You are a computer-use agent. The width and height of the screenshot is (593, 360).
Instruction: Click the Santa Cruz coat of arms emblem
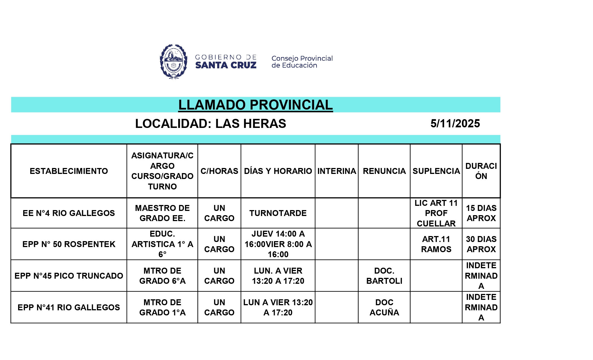click(x=173, y=62)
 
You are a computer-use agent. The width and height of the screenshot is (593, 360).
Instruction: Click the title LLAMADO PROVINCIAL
click(x=256, y=105)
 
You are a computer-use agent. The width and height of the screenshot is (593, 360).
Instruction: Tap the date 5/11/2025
click(x=455, y=124)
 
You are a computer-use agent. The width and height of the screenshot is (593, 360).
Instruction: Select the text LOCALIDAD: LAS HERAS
click(x=211, y=124)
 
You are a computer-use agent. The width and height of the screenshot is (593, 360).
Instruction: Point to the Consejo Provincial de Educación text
click(x=302, y=62)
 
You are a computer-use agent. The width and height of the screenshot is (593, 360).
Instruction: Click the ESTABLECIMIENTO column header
click(x=69, y=171)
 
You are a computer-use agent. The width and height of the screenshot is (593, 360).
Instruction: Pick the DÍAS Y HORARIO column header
click(x=278, y=171)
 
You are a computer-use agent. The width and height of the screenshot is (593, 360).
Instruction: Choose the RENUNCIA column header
click(x=384, y=171)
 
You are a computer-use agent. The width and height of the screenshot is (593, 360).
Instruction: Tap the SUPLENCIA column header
click(x=436, y=171)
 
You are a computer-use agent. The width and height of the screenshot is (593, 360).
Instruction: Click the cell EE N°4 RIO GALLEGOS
click(x=69, y=213)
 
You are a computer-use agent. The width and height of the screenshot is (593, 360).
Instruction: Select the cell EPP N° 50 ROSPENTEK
click(x=69, y=244)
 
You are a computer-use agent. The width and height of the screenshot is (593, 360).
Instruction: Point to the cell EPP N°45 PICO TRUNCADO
click(x=69, y=276)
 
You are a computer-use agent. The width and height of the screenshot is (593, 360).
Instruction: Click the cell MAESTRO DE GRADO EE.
click(x=162, y=213)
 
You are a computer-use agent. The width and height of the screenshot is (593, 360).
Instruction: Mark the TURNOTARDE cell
click(x=278, y=213)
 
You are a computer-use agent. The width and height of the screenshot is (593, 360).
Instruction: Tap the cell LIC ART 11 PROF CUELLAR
click(x=436, y=213)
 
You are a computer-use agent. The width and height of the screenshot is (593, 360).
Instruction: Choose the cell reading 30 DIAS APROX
click(x=481, y=244)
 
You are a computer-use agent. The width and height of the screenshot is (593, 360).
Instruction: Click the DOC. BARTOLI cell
click(x=384, y=276)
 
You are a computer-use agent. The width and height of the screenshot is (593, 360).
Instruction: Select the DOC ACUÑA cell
click(x=384, y=307)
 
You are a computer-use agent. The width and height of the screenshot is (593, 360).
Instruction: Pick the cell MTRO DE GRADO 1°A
click(x=162, y=307)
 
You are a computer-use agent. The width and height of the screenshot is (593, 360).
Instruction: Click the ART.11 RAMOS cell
click(x=436, y=244)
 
